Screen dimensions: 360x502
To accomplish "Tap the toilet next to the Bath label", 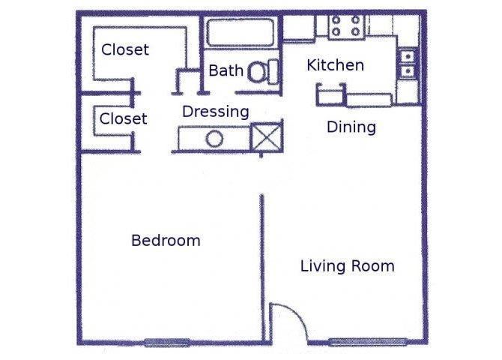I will coord(261,72).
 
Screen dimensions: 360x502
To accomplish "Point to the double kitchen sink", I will coord(408,64).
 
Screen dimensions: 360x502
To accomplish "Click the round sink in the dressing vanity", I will coord(214,139).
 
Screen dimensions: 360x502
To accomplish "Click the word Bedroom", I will coord(166,241).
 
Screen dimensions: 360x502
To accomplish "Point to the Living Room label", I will coord(347,266).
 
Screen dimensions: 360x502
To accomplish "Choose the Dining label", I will coord(351,127).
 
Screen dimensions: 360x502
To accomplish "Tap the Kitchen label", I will coord(335,65).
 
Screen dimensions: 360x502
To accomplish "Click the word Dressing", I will coord(216,112).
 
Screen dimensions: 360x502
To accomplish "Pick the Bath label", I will coord(226,71).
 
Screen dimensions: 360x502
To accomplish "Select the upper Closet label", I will coord(125,50).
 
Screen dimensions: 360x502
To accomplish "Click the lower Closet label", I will coord(123,118).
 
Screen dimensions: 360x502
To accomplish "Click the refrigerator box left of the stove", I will coord(298,28).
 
